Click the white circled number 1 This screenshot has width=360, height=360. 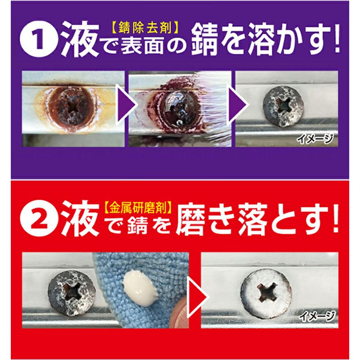point(38,39)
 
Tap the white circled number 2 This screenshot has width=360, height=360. point(38,218)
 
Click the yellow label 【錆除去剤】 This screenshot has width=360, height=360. point(143,28)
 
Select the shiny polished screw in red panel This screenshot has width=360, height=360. point(266,294)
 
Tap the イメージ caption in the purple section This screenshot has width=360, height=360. point(315,139)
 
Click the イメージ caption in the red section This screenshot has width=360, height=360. point(317,316)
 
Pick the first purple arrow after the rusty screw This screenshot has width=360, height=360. point(126,105)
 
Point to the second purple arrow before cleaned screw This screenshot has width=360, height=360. point(238,105)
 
